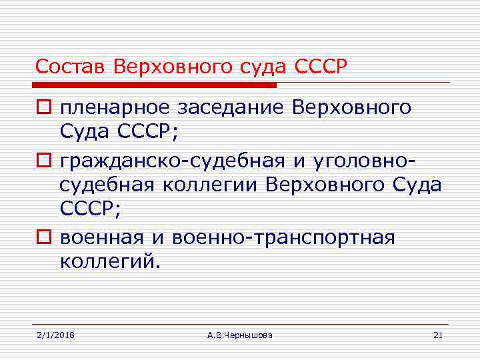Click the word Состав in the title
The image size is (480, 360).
[72, 67]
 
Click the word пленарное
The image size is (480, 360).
[111, 109]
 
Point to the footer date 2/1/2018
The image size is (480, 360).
[55, 335]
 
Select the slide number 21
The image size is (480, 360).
[437, 335]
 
